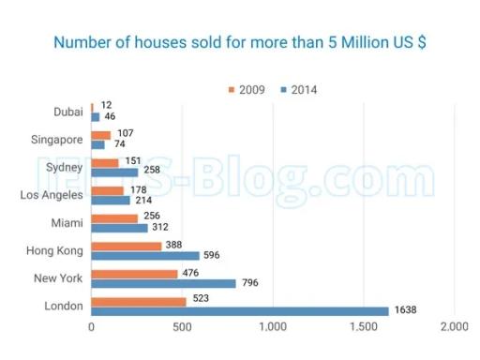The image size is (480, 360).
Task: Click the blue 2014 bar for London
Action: (x=239, y=310)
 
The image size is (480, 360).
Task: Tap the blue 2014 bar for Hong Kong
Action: (x=145, y=255)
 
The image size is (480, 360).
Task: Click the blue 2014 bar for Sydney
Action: (x=114, y=172)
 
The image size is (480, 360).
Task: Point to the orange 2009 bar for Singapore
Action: (x=100, y=135)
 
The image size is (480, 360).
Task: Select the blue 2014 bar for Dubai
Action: (x=95, y=117)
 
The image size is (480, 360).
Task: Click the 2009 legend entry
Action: (x=248, y=90)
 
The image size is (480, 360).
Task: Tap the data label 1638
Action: (x=405, y=310)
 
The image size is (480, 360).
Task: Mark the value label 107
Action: (x=124, y=134)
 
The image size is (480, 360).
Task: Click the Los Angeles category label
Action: (x=52, y=195)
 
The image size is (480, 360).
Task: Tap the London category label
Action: (x=64, y=306)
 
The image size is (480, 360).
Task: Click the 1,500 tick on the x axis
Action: (x=364, y=328)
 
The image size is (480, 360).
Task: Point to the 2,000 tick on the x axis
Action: (x=454, y=328)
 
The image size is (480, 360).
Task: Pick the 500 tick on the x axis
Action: (x=182, y=328)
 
